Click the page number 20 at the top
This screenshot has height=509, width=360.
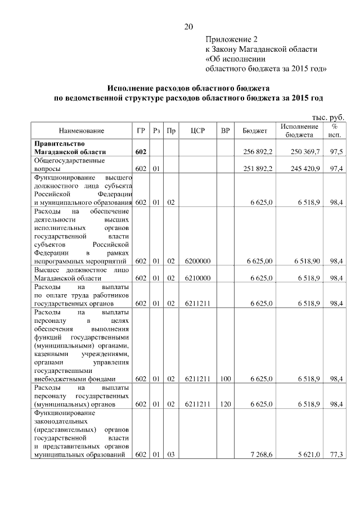pyautogui.click(x=188, y=26)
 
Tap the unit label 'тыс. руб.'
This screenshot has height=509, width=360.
pyautogui.click(x=327, y=117)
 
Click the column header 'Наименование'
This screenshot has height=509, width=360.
pyautogui.click(x=82, y=131)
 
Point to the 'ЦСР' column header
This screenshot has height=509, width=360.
pyautogui.click(x=197, y=131)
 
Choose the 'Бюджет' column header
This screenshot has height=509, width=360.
pyautogui.click(x=255, y=131)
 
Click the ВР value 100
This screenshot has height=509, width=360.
pyautogui.click(x=226, y=379)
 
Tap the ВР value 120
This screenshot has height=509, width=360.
pyautogui.click(x=226, y=404)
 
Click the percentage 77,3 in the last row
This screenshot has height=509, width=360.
pyautogui.click(x=337, y=454)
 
